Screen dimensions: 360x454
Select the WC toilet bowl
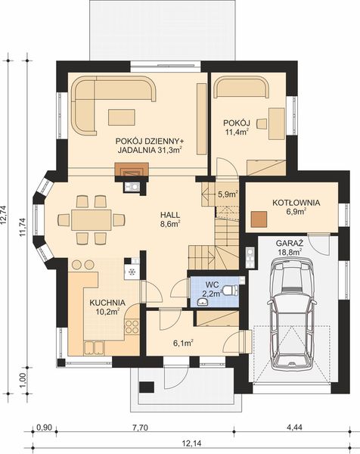pyautogui.click(x=231, y=290)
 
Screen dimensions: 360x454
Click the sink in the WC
pyautogui.click(x=203, y=302)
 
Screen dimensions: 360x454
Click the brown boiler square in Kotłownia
pyautogui.click(x=259, y=219)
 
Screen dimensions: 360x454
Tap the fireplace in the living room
pyautogui.click(x=132, y=169)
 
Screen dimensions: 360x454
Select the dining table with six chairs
pyautogui.click(x=92, y=219)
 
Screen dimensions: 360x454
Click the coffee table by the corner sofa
pyautogui.click(x=122, y=117)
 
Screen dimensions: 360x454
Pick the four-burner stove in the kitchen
pyautogui.click(x=132, y=326)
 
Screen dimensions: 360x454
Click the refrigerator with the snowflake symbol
pyautogui.click(x=132, y=272)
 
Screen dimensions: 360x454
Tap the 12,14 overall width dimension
pyautogui.click(x=192, y=443)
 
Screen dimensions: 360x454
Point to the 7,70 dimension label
pyautogui.click(x=141, y=428)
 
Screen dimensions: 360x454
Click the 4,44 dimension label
pyautogui.click(x=294, y=428)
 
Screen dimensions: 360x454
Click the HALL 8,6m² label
pyautogui.click(x=170, y=219)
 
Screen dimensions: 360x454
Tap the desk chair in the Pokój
pyautogui.click(x=262, y=123)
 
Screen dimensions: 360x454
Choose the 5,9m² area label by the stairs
pyautogui.click(x=228, y=194)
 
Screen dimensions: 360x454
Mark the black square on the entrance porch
pyautogui.click(x=147, y=387)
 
